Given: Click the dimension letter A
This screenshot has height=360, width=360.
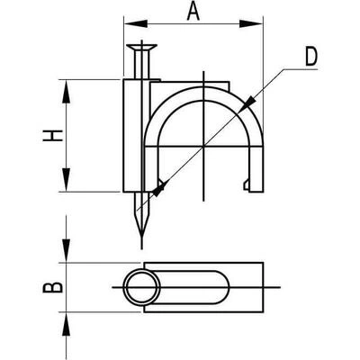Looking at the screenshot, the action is click(x=193, y=12).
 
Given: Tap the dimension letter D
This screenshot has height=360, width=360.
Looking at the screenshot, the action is click(x=311, y=57).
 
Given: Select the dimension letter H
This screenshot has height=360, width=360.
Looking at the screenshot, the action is click(x=53, y=136).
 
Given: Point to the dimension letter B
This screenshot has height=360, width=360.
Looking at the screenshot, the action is click(x=53, y=287).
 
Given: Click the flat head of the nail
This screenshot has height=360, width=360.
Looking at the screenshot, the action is click(x=141, y=47).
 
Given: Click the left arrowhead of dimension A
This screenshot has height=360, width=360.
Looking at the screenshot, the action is click(x=135, y=24).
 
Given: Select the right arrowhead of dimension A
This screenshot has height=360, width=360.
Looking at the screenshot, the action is click(x=251, y=24).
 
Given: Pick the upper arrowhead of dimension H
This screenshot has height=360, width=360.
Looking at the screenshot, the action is click(x=66, y=92).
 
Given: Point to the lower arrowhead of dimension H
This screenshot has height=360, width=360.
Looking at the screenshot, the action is click(x=66, y=180).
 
